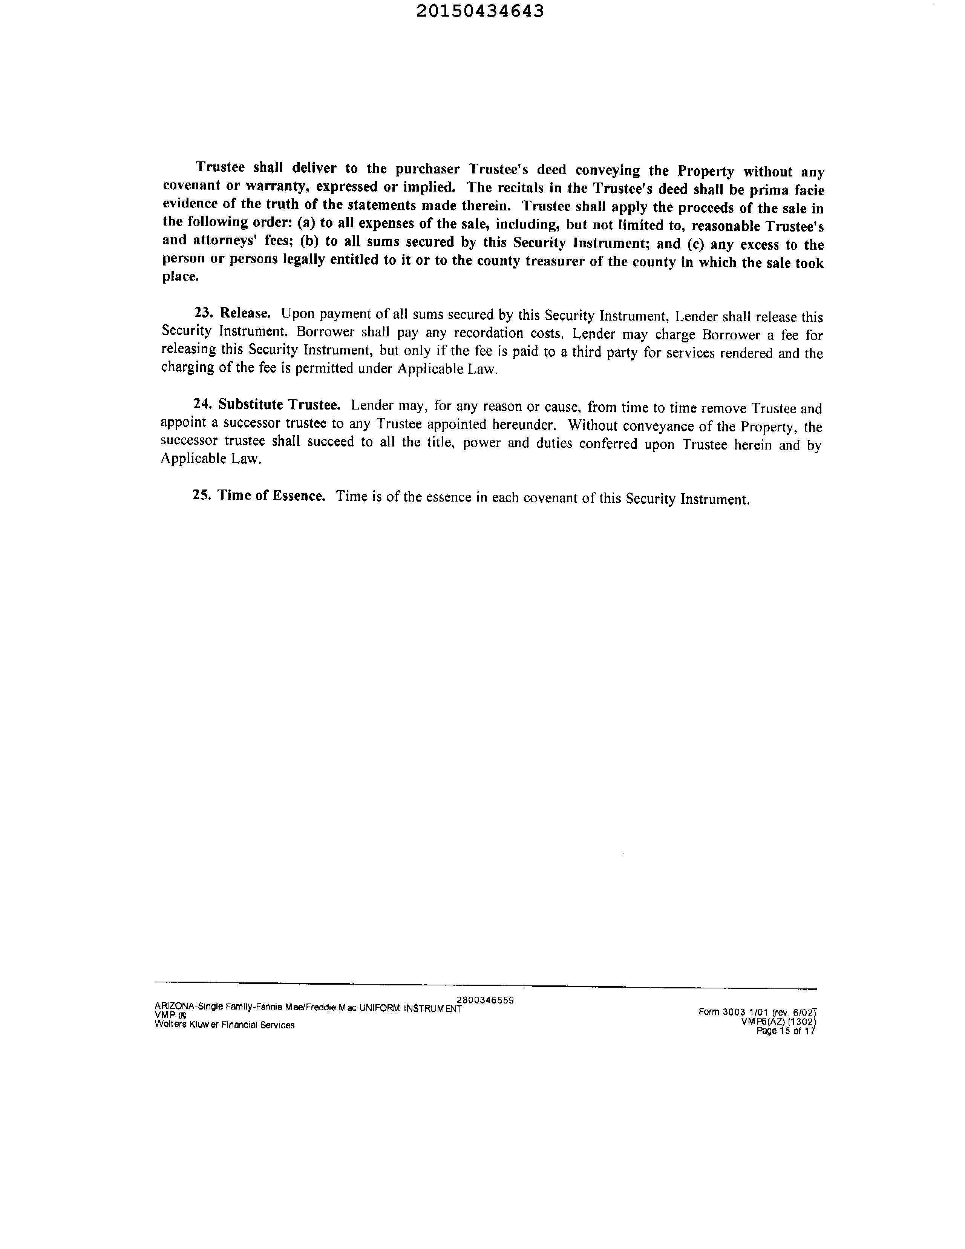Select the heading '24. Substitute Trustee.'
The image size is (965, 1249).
(267, 404)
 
